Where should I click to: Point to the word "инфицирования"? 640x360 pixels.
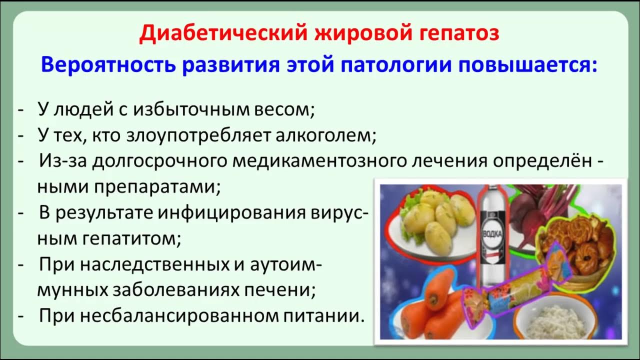pyautogui.click(x=230, y=213)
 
